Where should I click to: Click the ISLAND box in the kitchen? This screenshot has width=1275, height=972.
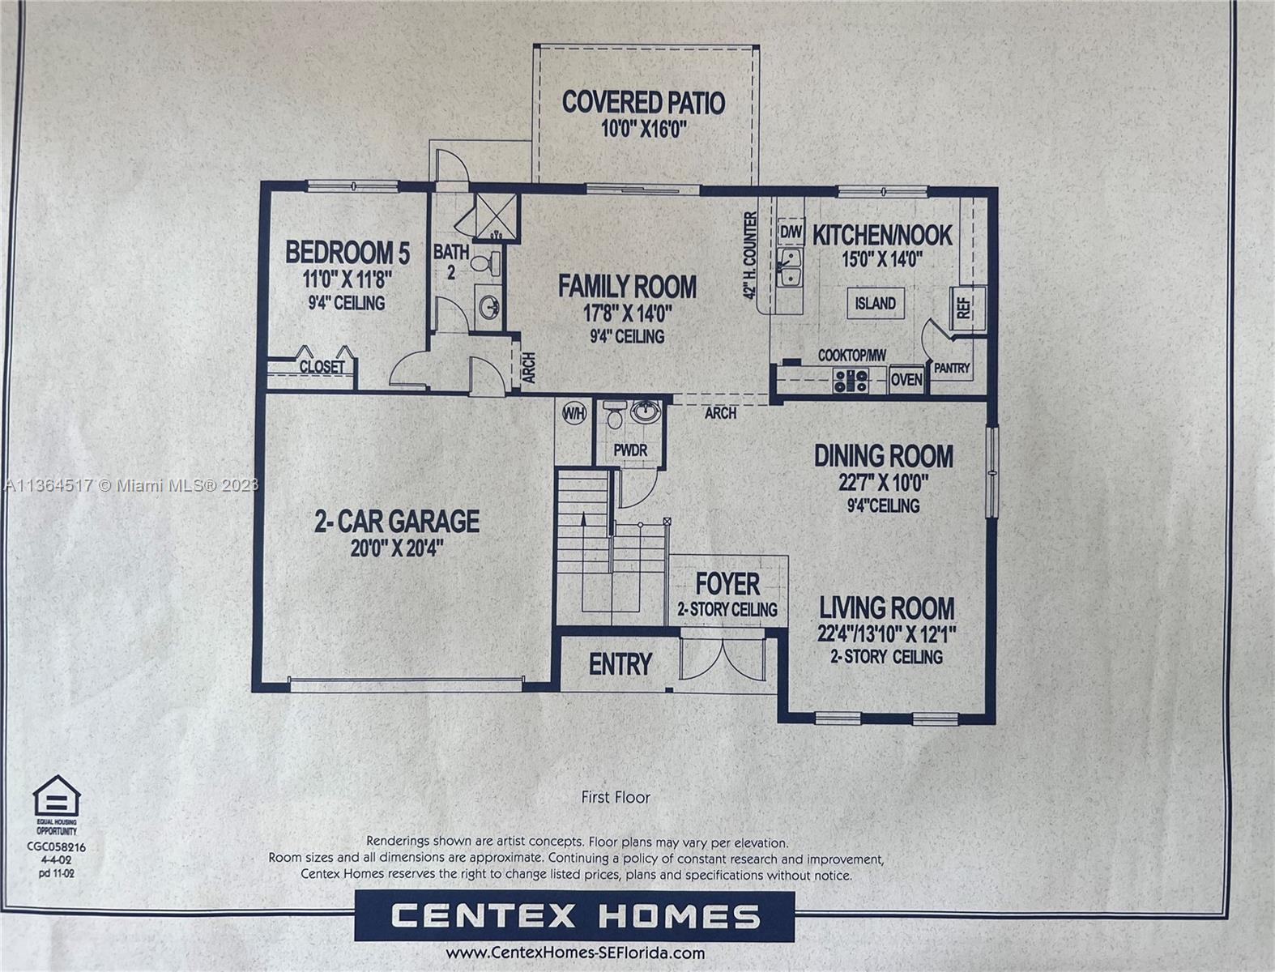tap(876, 303)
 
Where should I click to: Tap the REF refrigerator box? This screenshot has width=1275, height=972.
tap(967, 309)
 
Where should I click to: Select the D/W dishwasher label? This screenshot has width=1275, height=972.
tap(791, 233)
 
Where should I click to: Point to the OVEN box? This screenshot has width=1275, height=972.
tap(906, 380)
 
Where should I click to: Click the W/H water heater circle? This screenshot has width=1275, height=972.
tap(574, 413)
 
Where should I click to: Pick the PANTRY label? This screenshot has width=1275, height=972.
tap(952, 368)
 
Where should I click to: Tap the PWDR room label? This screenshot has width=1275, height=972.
tap(630, 450)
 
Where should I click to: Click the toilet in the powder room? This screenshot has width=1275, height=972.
tap(613, 414)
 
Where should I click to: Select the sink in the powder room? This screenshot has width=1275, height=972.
tap(645, 412)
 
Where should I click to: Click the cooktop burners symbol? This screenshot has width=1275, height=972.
tap(851, 381)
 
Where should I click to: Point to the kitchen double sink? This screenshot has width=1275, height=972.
tap(789, 267)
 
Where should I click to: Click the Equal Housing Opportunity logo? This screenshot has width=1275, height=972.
tap(57, 804)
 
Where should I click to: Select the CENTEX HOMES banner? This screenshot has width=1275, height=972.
tap(574, 915)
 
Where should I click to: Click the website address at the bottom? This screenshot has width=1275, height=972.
tap(575, 953)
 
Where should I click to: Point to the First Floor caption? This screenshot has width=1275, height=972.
tap(616, 797)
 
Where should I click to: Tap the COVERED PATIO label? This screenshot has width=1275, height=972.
tap(644, 103)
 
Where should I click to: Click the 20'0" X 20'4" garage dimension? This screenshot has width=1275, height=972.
tap(397, 548)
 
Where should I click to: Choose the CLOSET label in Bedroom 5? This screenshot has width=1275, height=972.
tap(322, 367)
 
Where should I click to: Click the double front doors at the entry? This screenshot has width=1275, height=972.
tap(723, 659)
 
